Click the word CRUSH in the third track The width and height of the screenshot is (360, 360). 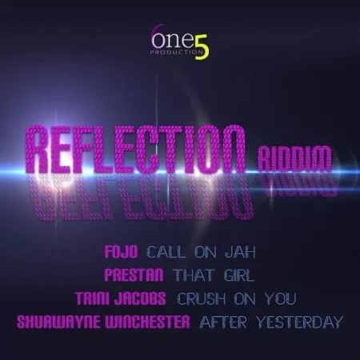click(x=204, y=298)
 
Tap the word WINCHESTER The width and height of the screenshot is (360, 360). click(x=142, y=322)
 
